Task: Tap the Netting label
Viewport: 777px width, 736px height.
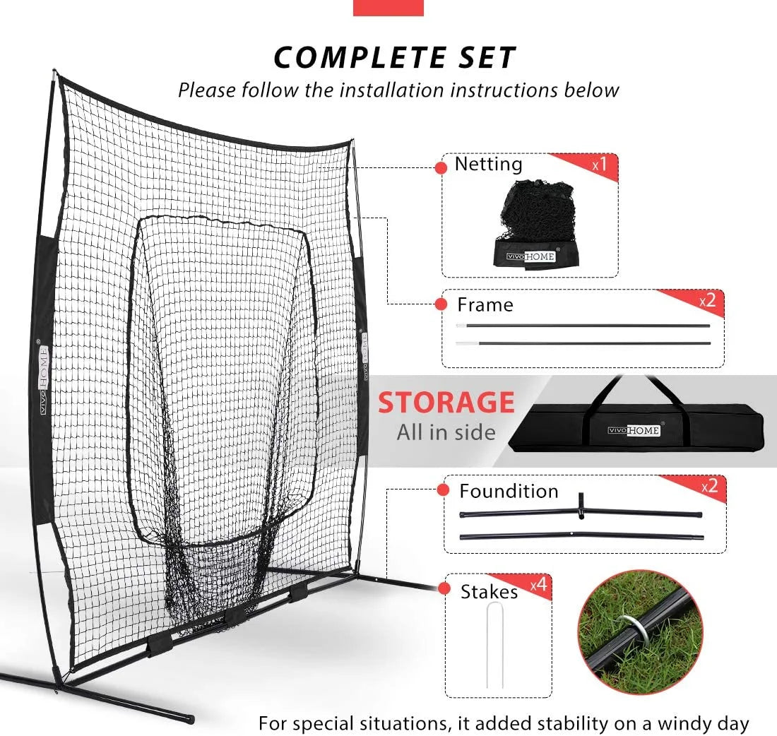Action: [488, 164]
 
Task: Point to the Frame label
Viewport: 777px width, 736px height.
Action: [485, 304]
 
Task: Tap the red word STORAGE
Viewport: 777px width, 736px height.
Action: [446, 403]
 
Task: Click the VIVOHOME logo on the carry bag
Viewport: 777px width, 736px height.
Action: [634, 430]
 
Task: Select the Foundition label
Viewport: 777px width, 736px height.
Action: [509, 491]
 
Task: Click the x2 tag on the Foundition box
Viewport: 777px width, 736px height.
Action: [709, 486]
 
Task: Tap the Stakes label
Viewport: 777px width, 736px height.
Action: [489, 591]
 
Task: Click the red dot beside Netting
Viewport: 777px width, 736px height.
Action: [441, 167]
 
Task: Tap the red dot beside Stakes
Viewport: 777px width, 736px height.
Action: [445, 588]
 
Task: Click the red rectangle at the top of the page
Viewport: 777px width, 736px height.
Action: [388, 7]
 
